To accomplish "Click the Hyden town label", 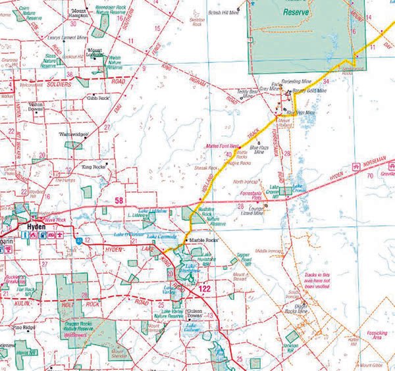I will point(35,230).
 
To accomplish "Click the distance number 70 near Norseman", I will point(370,176).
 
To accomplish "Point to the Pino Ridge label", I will point(24,326).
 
